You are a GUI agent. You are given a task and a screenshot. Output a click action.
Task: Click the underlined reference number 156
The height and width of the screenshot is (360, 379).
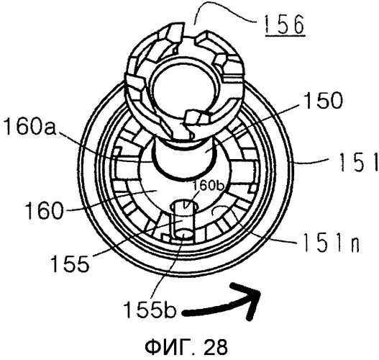285,25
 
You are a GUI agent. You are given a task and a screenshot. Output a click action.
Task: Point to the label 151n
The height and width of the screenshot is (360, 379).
331,243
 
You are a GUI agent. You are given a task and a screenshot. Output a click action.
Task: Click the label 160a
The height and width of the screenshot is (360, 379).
30,127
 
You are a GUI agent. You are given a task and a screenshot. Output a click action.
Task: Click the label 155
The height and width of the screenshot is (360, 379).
70,264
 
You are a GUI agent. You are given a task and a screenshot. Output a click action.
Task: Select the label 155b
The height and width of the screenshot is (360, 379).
150,310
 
